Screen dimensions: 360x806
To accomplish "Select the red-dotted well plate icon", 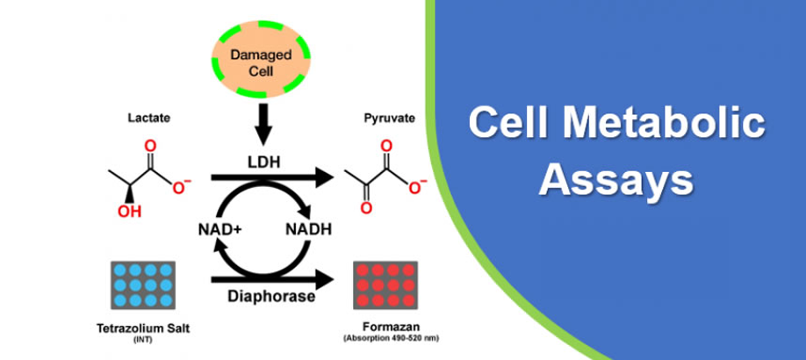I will pos(383,286).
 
